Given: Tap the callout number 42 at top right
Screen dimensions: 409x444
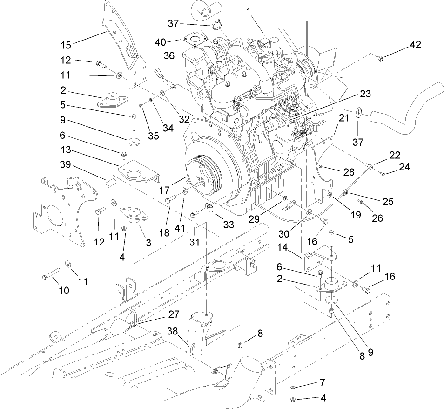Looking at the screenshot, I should [415, 45].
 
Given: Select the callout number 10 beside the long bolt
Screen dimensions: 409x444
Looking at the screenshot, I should [63, 290].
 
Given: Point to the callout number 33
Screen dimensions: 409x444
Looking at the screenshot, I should [228, 224].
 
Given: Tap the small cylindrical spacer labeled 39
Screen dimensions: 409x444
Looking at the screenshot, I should [109, 183].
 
